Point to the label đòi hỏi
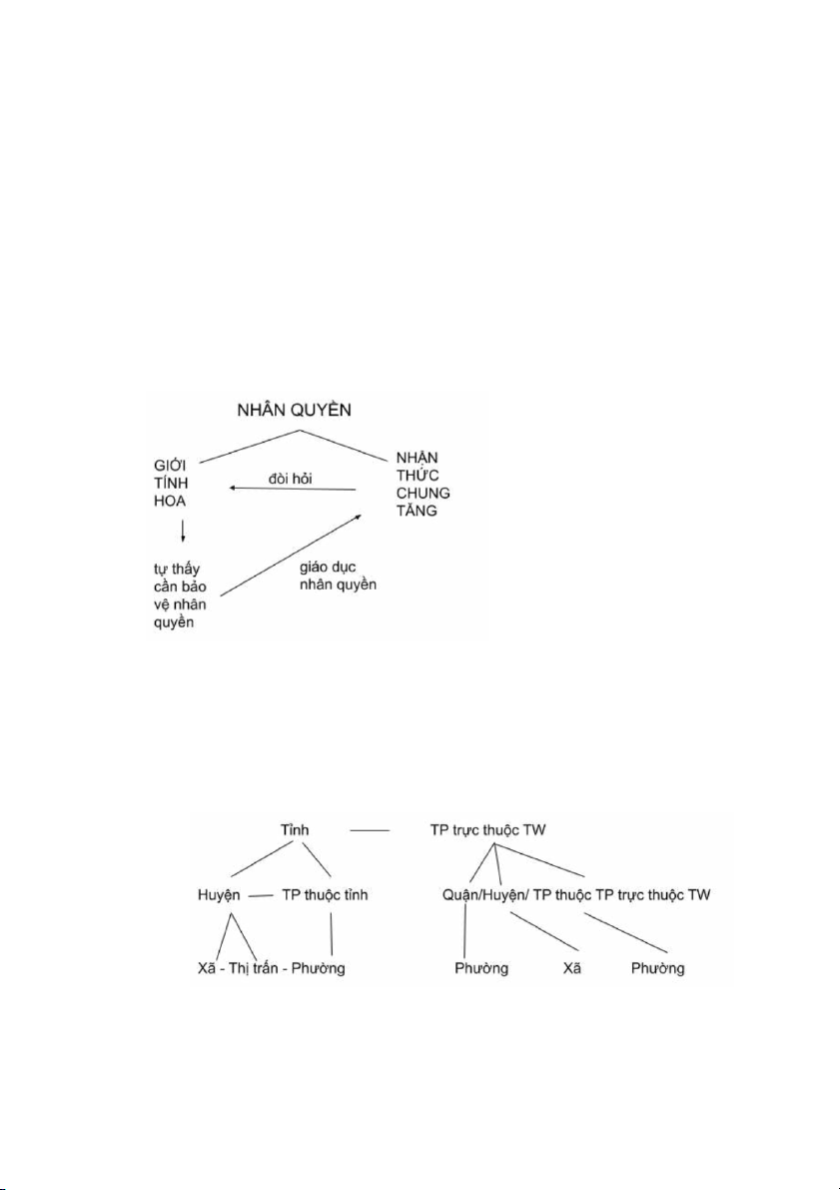tap(291, 479)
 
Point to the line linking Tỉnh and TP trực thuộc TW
tap(371, 831)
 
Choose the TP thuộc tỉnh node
tap(325, 895)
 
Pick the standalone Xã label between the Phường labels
tap(572, 968)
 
